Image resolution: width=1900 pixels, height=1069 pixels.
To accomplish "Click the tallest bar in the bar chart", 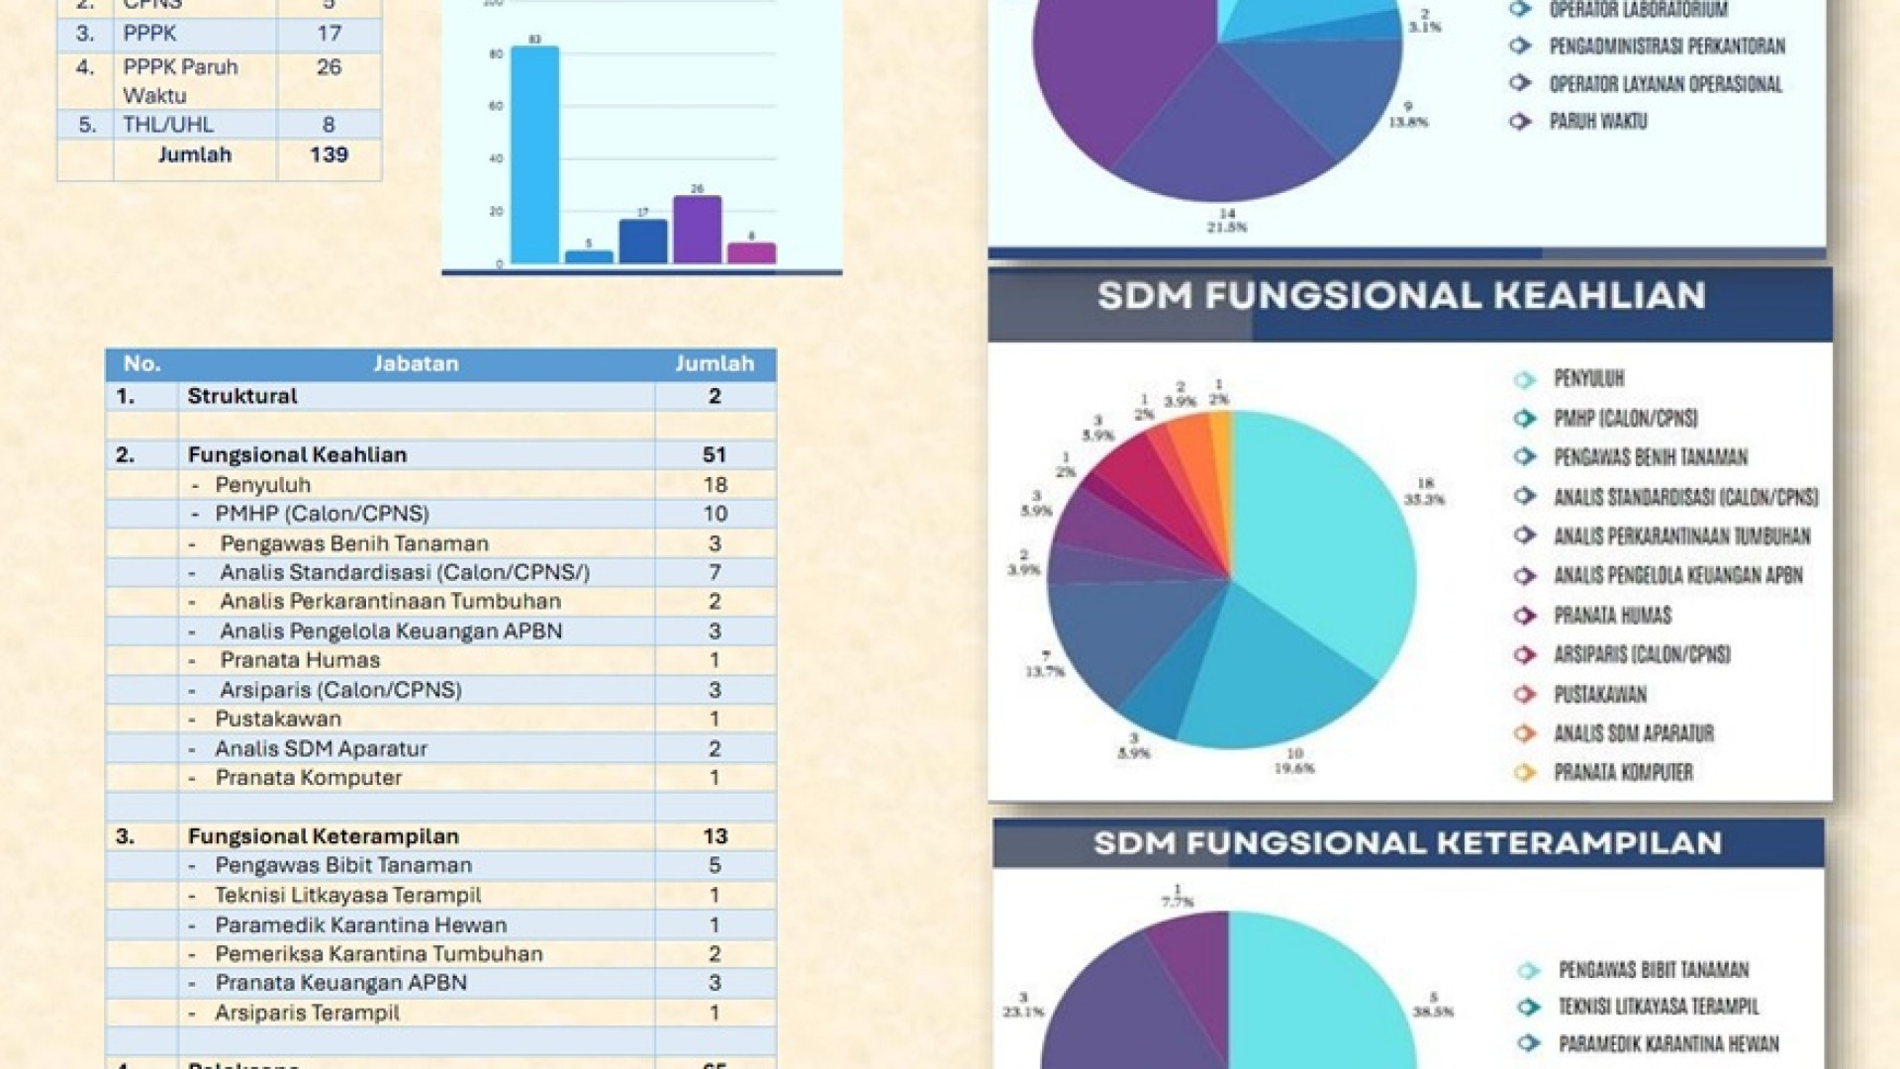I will tap(534, 153).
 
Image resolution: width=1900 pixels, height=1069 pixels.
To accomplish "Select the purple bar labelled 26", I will tap(697, 230).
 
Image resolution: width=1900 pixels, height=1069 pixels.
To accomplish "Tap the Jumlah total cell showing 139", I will tap(329, 155).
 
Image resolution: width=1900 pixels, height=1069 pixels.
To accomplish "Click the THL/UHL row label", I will tap(167, 125).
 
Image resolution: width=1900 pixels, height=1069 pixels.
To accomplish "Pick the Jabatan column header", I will tap(416, 364).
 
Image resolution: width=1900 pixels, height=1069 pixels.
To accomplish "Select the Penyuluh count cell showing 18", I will tap(714, 485).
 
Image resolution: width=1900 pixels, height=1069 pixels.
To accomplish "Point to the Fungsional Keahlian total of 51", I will tap(714, 455).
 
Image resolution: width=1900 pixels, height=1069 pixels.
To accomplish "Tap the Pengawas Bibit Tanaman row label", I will tap(343, 865).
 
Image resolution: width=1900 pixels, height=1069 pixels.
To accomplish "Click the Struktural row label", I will tap(242, 396).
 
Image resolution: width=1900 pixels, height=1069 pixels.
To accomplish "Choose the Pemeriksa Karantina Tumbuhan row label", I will tap(379, 954).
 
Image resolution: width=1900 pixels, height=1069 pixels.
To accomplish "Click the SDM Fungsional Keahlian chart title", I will tap(1401, 296).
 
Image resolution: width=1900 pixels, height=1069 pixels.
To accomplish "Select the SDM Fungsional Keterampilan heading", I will tap(1407, 843).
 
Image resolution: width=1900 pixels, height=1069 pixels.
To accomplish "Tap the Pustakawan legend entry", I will tap(1599, 695).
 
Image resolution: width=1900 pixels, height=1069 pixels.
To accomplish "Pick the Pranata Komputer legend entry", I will tap(1623, 773).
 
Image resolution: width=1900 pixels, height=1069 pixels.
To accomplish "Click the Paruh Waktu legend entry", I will tap(1597, 122).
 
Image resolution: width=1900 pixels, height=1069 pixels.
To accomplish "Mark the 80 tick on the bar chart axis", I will tap(496, 54).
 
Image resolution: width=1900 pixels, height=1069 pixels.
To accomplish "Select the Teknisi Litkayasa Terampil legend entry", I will tap(1659, 1008).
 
